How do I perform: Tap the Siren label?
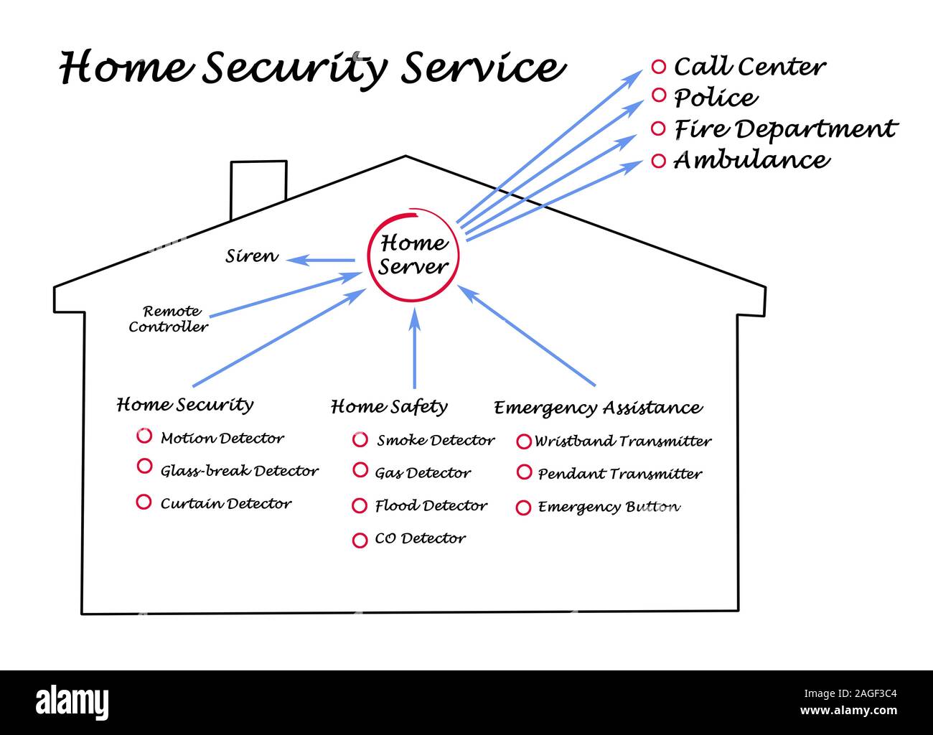(x=251, y=256)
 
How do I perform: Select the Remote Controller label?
(x=169, y=319)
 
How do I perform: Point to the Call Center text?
(x=749, y=67)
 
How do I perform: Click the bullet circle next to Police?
(x=659, y=97)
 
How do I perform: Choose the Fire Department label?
(x=785, y=129)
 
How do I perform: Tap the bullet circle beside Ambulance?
(x=659, y=161)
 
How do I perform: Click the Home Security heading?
(x=185, y=405)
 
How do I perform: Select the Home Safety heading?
(x=389, y=407)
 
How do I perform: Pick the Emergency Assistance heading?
(x=598, y=408)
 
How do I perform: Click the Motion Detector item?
(x=222, y=438)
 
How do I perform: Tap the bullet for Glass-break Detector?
(x=144, y=467)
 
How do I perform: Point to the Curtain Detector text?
(x=225, y=504)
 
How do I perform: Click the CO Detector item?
(x=420, y=538)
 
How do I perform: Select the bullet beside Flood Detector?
(x=360, y=506)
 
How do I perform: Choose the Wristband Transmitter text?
(x=622, y=441)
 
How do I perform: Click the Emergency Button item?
(x=609, y=507)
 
